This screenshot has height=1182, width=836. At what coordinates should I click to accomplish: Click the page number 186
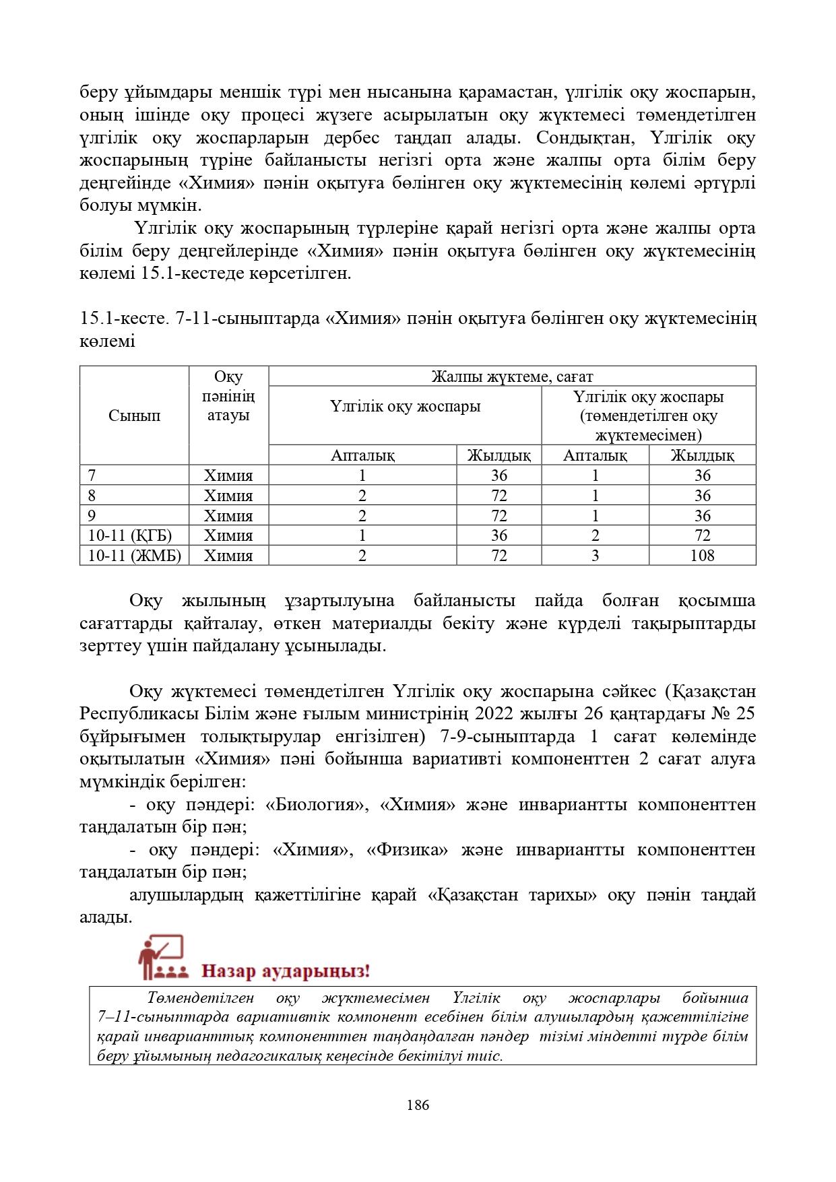tap(418, 1105)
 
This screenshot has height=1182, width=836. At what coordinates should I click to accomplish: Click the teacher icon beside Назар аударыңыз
tap(162, 957)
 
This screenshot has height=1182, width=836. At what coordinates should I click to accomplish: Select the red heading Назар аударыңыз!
tap(286, 971)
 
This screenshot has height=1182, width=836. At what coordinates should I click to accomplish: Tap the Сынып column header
tap(134, 416)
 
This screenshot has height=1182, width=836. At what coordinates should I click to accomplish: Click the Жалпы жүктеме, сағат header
tap(512, 376)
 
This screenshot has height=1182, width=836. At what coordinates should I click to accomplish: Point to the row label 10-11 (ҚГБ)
tap(130, 535)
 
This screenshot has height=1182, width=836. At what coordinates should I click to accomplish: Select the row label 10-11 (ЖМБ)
tap(134, 556)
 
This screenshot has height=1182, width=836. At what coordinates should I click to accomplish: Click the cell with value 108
tap(702, 556)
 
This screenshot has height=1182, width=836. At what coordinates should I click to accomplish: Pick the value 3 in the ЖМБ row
tap(595, 556)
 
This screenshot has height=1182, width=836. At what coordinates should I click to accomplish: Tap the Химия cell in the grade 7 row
tap(228, 475)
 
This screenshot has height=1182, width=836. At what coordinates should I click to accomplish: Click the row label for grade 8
tap(92, 496)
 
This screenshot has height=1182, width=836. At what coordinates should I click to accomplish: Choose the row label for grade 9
tap(92, 516)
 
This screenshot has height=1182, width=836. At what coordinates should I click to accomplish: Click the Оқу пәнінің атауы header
tap(228, 396)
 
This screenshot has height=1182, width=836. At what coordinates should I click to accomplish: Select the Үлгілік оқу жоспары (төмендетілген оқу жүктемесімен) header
tap(648, 416)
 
